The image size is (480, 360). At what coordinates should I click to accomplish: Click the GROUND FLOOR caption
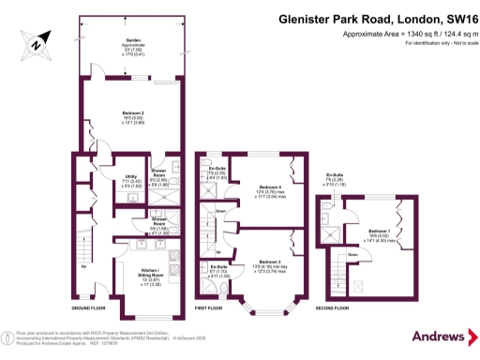tap(87, 307)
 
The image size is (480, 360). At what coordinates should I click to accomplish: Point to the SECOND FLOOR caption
tap(335, 307)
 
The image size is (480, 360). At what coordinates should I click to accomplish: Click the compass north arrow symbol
tap(35, 43)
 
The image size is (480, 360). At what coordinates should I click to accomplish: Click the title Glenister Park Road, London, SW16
tap(370, 16)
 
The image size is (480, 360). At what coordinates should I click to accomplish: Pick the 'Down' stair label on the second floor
tap(352, 254)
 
